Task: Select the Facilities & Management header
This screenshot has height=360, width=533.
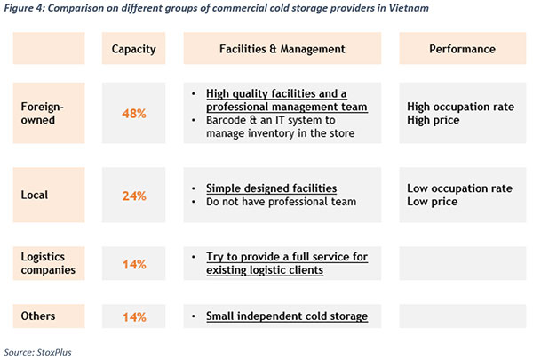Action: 282,48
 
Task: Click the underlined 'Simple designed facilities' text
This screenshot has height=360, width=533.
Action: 271,188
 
